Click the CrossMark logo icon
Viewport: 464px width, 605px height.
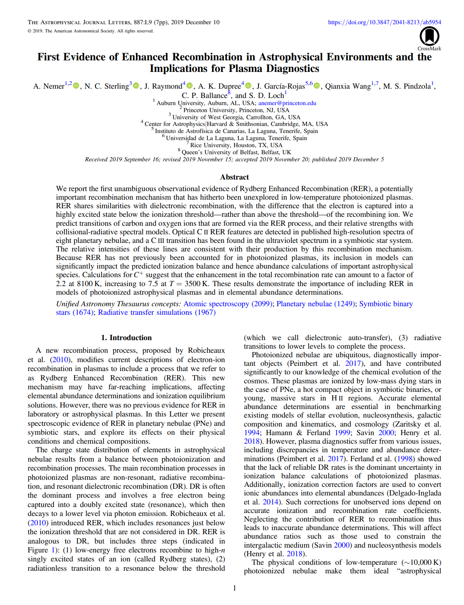point(429,37)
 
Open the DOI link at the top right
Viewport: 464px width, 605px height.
point(384,22)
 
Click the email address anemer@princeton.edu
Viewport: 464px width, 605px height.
point(287,103)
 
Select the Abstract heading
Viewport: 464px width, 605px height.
point(234,177)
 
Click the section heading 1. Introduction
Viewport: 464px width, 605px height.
point(126,338)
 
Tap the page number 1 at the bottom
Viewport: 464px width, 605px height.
point(235,588)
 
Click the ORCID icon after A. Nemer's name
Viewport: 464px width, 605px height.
point(76,86)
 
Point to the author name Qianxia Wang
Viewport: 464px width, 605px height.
point(348,86)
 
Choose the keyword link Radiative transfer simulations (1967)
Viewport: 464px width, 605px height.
point(157,313)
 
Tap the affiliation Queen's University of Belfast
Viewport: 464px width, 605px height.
point(236,152)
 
